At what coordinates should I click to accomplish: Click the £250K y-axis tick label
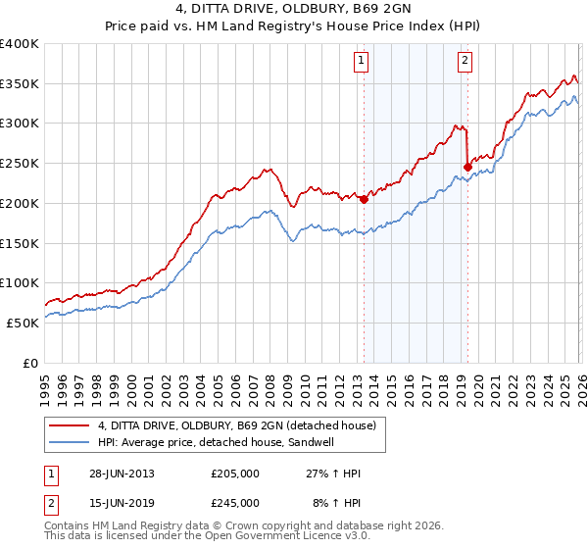point(20,164)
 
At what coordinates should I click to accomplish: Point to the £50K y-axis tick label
point(23,323)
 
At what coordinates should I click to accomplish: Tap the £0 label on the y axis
point(30,363)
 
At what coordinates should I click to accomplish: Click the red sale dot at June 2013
point(364,199)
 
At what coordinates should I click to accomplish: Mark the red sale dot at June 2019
point(467,167)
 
